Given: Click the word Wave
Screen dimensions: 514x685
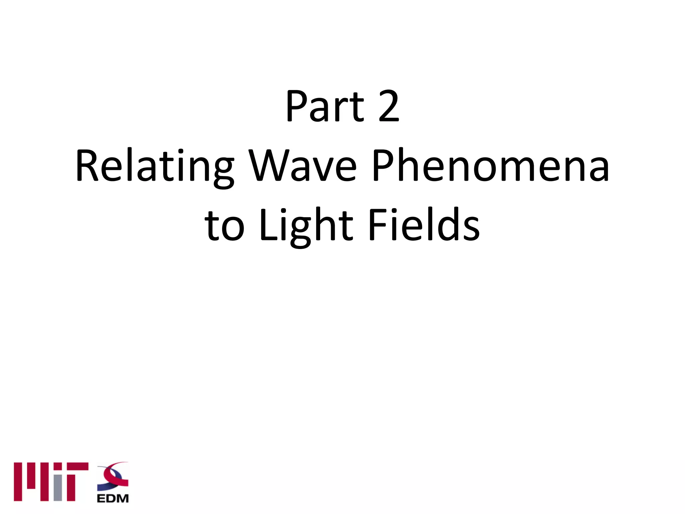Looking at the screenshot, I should [x=303, y=166].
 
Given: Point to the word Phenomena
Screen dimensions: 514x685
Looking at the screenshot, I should [x=490, y=166].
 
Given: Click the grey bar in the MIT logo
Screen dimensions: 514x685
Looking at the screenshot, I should [x=58, y=487].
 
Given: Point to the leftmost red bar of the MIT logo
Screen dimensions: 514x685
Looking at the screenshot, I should [x=18, y=482].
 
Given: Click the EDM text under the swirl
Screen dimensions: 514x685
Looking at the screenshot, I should [x=113, y=499].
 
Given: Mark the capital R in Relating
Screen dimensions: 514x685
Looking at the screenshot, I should [x=88, y=166].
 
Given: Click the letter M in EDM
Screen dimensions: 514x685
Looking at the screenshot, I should [x=122, y=499].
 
